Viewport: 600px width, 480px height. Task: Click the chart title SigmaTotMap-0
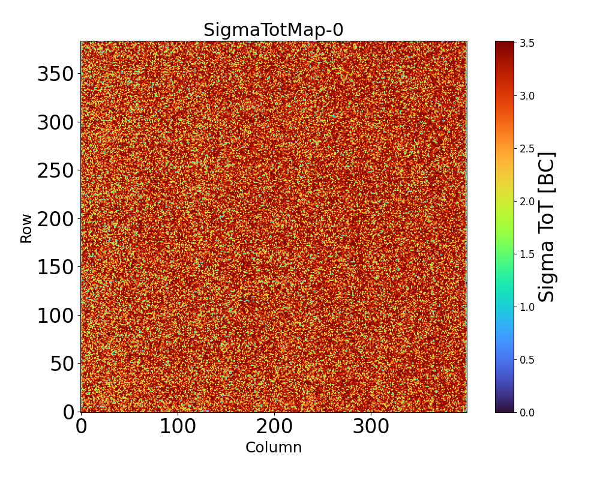(273, 30)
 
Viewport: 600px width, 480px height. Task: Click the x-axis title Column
(273, 448)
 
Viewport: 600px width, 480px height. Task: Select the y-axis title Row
(26, 232)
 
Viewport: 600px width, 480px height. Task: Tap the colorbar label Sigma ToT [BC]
(546, 227)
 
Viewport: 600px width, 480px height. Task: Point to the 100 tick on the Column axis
(178, 427)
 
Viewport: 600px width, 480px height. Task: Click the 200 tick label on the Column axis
(274, 427)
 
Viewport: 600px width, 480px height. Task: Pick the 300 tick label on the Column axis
(371, 427)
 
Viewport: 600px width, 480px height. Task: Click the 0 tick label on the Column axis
(81, 427)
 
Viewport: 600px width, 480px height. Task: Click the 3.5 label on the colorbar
(528, 44)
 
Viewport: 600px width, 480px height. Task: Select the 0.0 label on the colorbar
(528, 412)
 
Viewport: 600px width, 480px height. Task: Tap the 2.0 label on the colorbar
(528, 202)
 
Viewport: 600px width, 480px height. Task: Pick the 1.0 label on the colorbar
(528, 307)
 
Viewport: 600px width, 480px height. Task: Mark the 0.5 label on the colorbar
(528, 360)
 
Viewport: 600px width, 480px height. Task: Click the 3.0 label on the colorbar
(528, 96)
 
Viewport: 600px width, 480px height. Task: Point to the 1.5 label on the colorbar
(528, 254)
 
